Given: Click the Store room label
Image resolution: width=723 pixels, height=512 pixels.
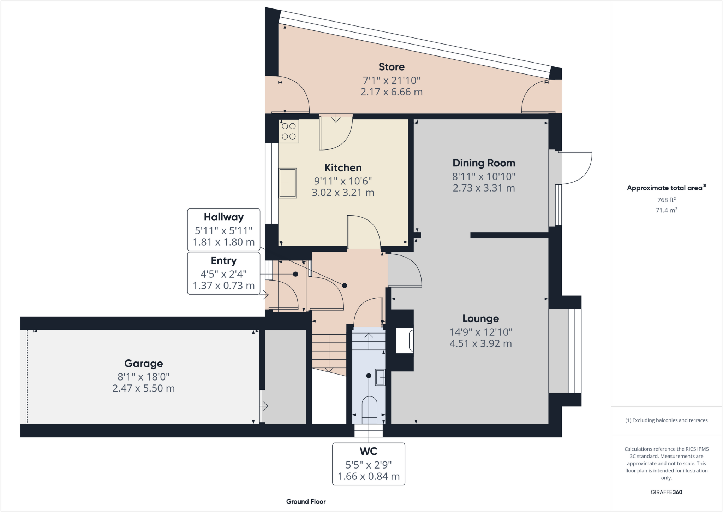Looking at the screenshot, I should pyautogui.click(x=391, y=67).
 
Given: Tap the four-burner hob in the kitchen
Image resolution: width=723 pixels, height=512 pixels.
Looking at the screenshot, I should pyautogui.click(x=289, y=131).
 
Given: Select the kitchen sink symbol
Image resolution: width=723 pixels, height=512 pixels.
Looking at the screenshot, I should pyautogui.click(x=288, y=183).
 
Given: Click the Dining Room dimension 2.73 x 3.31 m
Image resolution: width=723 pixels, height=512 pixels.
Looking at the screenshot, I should pyautogui.click(x=484, y=188).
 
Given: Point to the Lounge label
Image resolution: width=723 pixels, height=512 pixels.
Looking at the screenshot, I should pyautogui.click(x=480, y=319).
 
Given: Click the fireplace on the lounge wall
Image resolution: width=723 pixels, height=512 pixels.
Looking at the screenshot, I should pyautogui.click(x=405, y=341).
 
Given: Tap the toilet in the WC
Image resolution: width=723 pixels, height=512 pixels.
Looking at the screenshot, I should pyautogui.click(x=370, y=410).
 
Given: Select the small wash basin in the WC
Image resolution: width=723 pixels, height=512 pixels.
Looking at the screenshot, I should pyautogui.click(x=380, y=377).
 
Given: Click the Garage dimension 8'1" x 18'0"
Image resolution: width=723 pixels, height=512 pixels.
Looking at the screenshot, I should pyautogui.click(x=143, y=377).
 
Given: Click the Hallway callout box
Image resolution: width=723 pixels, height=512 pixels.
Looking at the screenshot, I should pyautogui.click(x=223, y=230).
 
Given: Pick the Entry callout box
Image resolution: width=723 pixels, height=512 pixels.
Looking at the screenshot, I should pyautogui.click(x=223, y=273).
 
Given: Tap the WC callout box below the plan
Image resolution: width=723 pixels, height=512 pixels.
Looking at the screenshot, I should pyautogui.click(x=369, y=464).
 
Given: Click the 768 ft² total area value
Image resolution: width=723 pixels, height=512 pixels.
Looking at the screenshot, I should pyautogui.click(x=666, y=200).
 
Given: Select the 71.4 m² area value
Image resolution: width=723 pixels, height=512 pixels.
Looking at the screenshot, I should pyautogui.click(x=666, y=210).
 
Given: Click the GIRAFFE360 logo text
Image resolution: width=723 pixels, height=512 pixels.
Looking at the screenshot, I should pyautogui.click(x=666, y=492).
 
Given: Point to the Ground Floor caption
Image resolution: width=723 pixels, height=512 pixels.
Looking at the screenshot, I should pyautogui.click(x=306, y=501).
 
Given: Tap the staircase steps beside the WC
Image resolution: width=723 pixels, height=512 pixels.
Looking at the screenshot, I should pyautogui.click(x=329, y=352).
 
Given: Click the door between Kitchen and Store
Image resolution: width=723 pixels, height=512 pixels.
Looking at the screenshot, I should pyautogui.click(x=335, y=133).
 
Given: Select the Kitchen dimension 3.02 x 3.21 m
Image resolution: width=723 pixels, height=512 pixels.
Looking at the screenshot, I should pyautogui.click(x=343, y=193).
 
